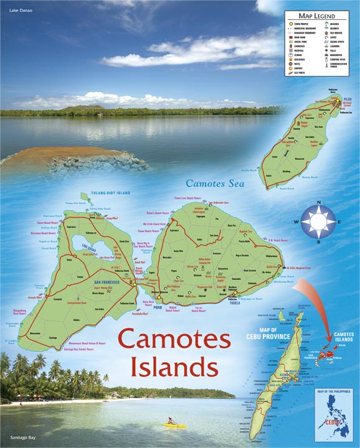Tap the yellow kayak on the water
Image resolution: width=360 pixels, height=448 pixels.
click(x=170, y=426)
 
